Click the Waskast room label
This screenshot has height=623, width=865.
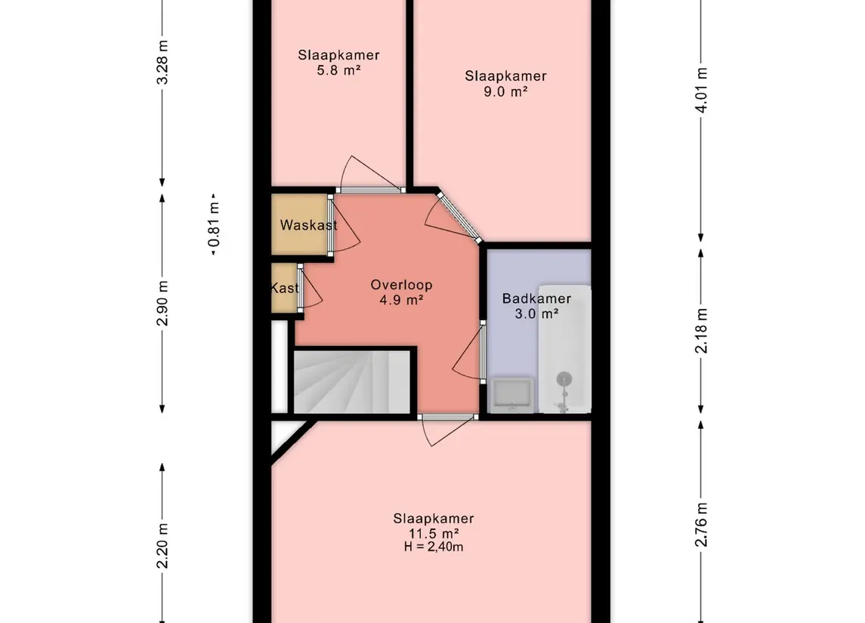tap(308, 225)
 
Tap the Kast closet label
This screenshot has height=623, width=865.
tap(285, 288)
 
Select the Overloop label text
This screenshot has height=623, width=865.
tap(401, 285)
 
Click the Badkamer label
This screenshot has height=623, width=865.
tap(536, 299)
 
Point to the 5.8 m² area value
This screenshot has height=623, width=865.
tap(338, 70)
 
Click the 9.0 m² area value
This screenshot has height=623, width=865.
tap(505, 91)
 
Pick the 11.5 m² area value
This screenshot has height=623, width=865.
tap(434, 533)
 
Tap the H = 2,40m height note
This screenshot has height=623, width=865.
tap(434, 547)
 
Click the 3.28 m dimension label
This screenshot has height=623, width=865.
tap(162, 62)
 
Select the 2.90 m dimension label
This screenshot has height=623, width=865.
tap(162, 304)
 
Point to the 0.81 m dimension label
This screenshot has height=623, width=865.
tap(214, 224)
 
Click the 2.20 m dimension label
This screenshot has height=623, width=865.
tap(162, 546)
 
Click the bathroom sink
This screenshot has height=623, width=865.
tap(512, 395)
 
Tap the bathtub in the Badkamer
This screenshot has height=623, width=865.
tap(564, 348)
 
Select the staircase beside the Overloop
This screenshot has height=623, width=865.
tap(352, 382)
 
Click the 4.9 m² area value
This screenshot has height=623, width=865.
tap(401, 301)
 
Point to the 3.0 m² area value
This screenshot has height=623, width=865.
tap(536, 313)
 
